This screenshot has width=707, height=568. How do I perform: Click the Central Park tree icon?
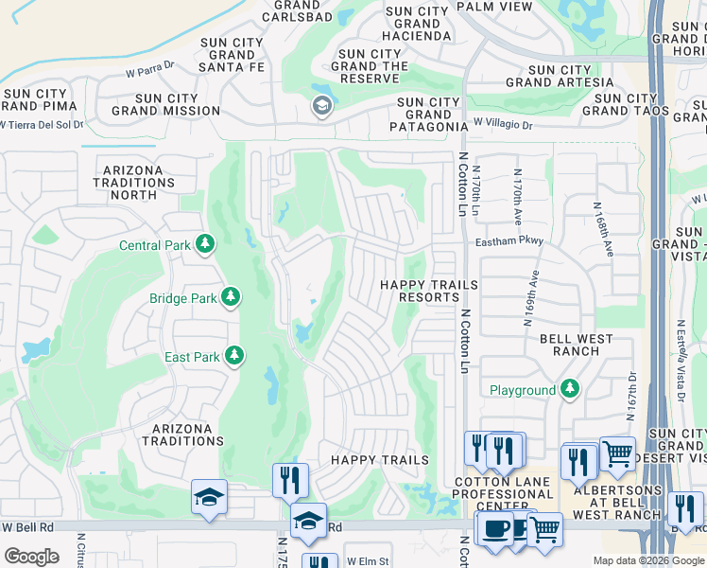click(204, 245)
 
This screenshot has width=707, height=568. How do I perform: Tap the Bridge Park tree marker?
click(230, 298)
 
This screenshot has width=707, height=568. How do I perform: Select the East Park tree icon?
click(233, 357)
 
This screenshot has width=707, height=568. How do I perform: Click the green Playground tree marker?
click(569, 389)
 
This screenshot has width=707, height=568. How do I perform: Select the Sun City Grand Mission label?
click(165, 104)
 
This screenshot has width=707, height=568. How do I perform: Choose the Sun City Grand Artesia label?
click(560, 77)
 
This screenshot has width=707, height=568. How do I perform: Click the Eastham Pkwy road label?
click(510, 241)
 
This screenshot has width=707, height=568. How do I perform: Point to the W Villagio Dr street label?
click(503, 124)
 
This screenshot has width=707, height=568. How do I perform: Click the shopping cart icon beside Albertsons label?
click(617, 453)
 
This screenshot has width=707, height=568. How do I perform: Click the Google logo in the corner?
click(31, 557)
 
